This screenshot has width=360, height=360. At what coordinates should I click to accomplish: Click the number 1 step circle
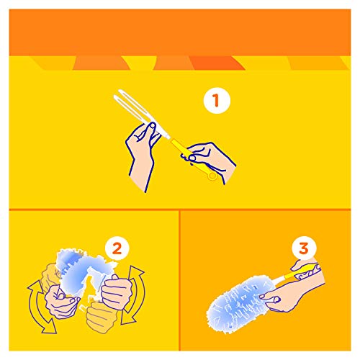[x=217, y=100]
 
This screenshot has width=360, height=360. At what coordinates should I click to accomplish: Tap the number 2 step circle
[x=117, y=248]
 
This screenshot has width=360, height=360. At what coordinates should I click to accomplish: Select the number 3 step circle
[x=304, y=248]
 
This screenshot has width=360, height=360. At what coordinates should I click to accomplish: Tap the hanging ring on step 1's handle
[x=212, y=176]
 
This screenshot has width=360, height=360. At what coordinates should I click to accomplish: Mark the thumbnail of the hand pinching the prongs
[x=152, y=125]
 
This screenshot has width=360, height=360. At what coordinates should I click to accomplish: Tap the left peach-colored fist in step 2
[x=61, y=302]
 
